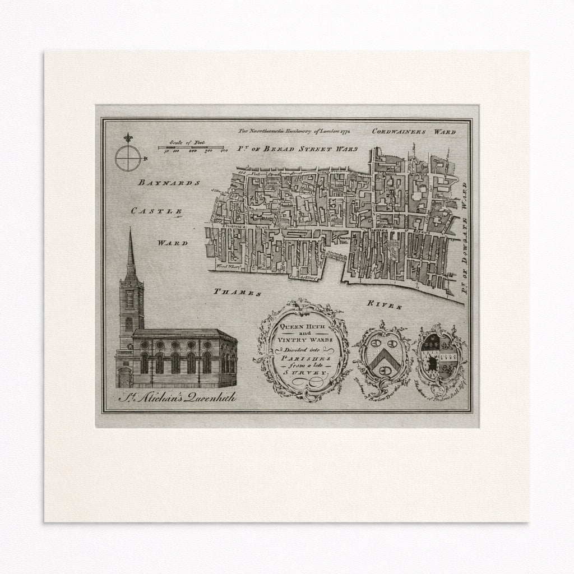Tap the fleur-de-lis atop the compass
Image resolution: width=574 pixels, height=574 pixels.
[128, 138]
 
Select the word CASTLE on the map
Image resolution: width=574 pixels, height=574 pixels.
[156, 212]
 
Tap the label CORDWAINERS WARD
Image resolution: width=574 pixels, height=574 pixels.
[414, 132]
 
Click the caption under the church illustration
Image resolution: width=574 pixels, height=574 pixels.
[177, 397]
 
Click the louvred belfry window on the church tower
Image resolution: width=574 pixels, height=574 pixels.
[129, 299]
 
